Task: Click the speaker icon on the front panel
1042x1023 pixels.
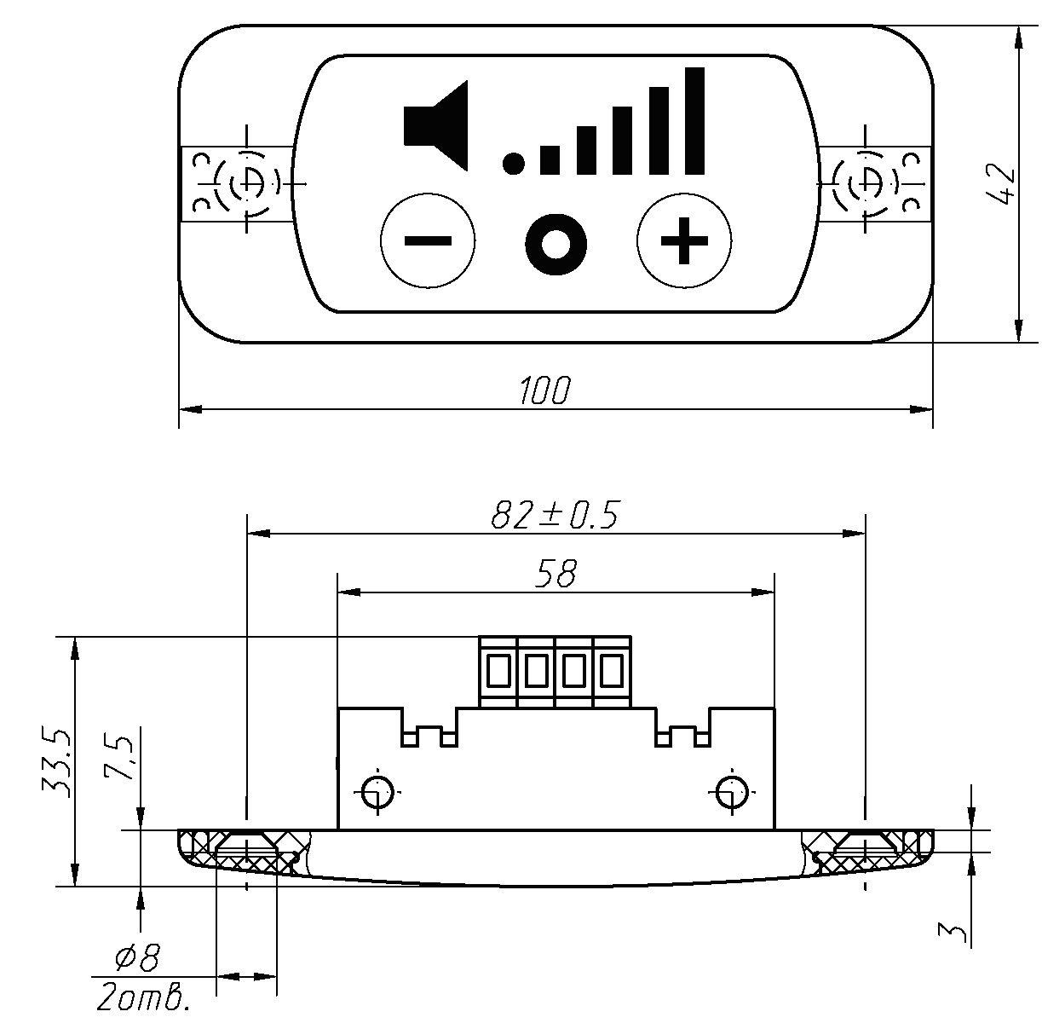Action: (x=436, y=125)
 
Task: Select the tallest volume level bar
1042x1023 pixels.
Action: (x=695, y=121)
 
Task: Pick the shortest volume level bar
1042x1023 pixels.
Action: (x=550, y=160)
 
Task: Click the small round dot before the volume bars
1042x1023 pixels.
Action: (x=513, y=164)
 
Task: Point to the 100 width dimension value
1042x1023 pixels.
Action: (x=545, y=390)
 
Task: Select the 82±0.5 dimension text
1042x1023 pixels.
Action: (x=555, y=515)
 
